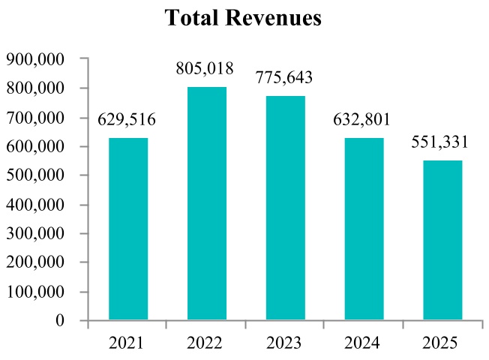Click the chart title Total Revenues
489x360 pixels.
244,18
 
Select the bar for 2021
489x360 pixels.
128,229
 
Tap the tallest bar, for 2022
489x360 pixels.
207,203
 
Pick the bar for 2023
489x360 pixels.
286,208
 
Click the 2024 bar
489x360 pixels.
364,229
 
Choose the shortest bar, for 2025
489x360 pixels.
442,240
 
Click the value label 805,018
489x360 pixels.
207,70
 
